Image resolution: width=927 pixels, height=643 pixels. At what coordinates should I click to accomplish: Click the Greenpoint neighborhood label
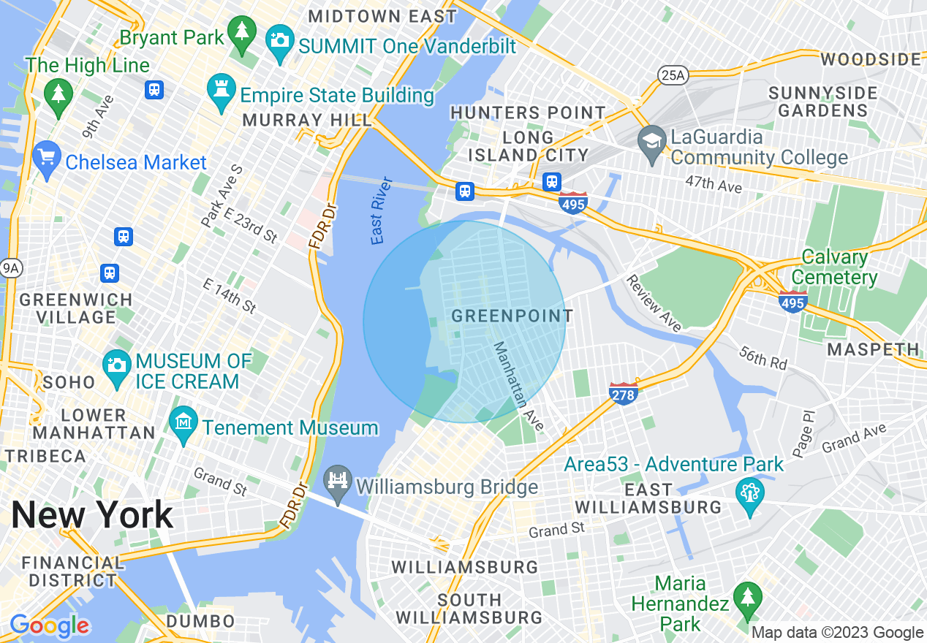tap(512, 316)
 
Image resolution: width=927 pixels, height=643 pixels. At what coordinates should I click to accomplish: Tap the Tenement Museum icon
tap(183, 423)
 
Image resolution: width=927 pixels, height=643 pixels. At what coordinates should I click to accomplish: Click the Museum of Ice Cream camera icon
tap(116, 364)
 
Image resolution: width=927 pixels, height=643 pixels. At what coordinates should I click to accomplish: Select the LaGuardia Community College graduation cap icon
tap(651, 142)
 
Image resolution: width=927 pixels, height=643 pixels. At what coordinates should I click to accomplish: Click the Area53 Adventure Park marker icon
tap(750, 490)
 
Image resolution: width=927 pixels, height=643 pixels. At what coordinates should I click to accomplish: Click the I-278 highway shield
tap(624, 393)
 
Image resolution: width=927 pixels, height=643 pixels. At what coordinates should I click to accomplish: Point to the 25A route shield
tap(673, 74)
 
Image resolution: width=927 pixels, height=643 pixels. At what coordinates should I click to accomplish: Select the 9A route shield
tap(10, 268)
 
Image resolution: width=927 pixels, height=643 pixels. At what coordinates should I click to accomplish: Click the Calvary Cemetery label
tap(833, 267)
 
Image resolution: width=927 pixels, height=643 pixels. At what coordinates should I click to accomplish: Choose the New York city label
tap(92, 515)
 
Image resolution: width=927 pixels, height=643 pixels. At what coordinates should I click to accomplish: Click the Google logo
tap(49, 625)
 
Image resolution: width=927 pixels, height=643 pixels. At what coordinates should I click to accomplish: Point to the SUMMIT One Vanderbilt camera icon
tap(279, 39)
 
